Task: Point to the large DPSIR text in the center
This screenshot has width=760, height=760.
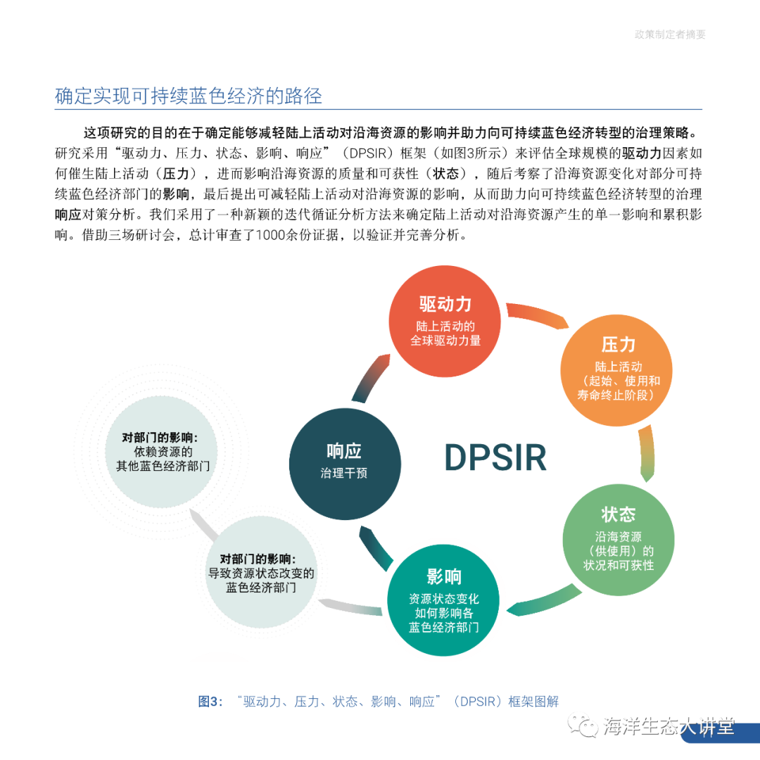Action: [495, 458]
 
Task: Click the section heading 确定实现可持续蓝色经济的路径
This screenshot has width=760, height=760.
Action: [189, 96]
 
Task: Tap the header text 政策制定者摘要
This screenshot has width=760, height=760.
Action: [669, 34]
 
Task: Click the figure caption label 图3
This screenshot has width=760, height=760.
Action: [210, 702]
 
